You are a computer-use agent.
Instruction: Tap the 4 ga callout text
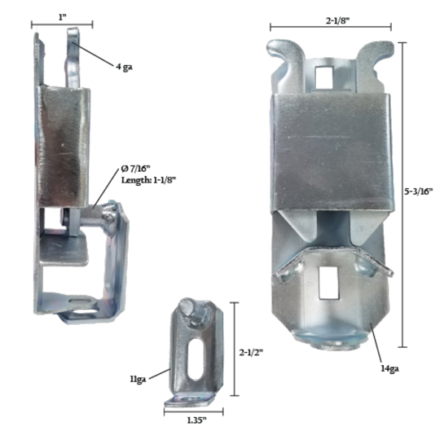[x=124, y=64]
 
